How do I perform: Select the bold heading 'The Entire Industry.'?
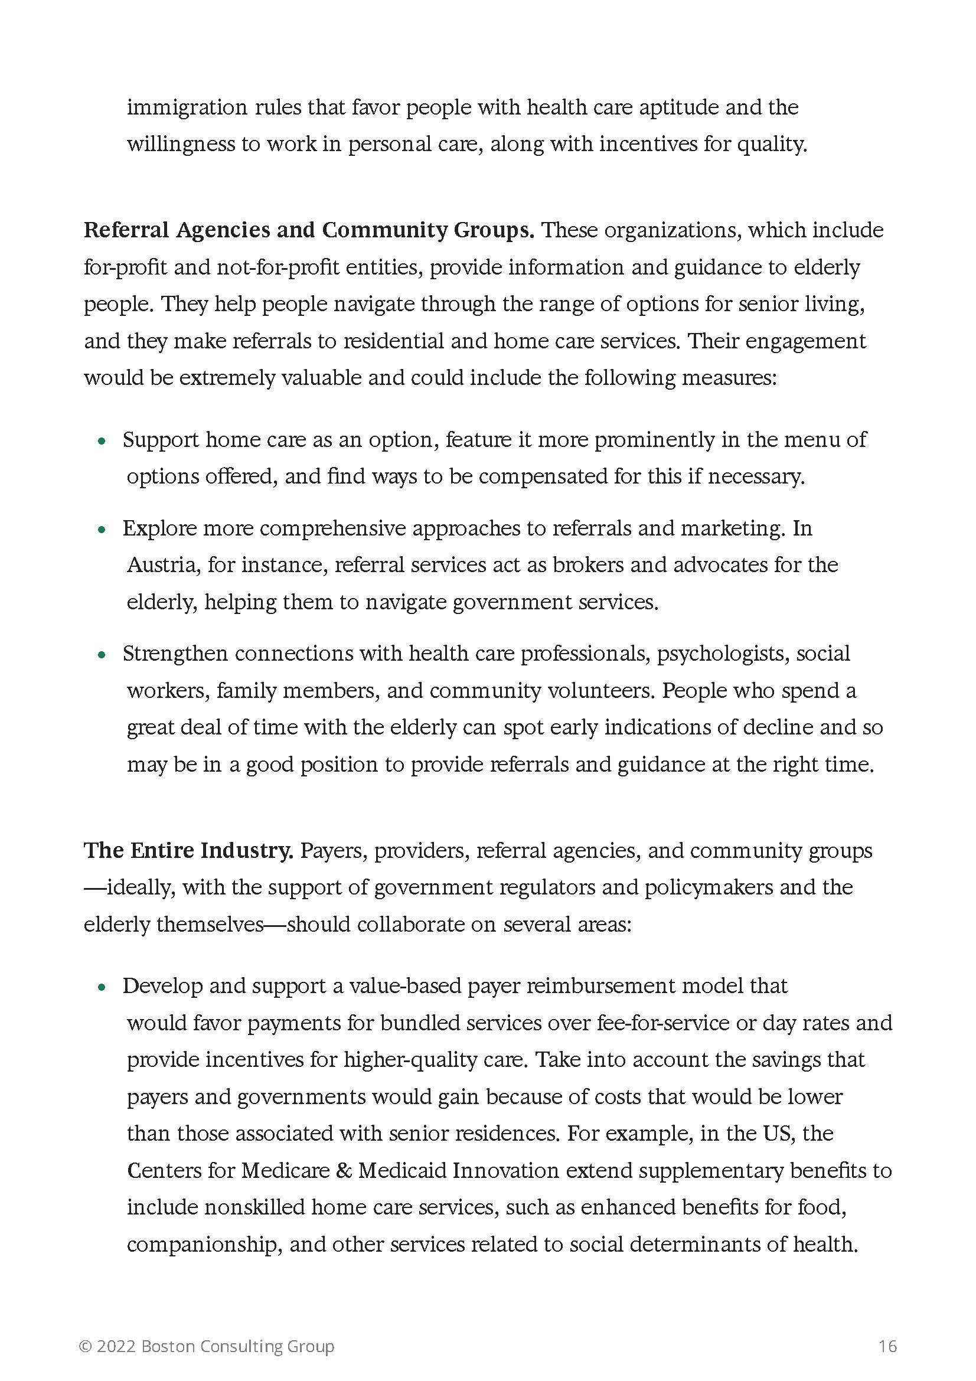(x=188, y=850)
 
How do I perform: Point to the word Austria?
(x=162, y=566)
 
